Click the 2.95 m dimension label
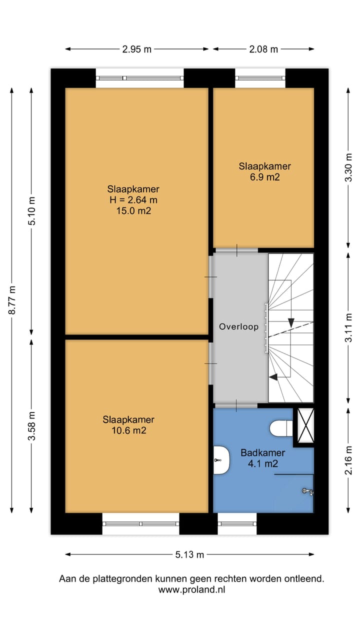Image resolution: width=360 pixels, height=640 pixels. click(137, 49)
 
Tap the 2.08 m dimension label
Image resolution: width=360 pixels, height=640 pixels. click(263, 49)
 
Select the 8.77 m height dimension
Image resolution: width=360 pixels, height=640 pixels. click(12, 299)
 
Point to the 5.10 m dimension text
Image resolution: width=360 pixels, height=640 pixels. click(31, 211)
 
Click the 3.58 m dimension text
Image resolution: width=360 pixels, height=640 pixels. click(31, 425)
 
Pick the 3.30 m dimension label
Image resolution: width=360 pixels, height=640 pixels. click(348, 167)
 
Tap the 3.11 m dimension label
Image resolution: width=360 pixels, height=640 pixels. click(348, 327)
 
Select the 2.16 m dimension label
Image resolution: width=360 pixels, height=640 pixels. click(348, 460)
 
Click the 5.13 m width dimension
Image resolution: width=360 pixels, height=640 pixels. click(189, 554)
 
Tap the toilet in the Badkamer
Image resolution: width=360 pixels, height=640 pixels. click(281, 428)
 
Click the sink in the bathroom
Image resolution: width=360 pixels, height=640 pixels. click(221, 460)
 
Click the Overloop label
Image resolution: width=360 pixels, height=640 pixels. click(238, 326)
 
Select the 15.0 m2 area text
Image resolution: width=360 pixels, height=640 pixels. click(133, 211)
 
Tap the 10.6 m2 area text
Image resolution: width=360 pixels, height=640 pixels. click(128, 430)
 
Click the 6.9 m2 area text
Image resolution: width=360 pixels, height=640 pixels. click(265, 177)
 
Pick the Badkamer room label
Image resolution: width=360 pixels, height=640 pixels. click(262, 452)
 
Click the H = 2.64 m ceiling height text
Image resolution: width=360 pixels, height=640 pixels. click(133, 200)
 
